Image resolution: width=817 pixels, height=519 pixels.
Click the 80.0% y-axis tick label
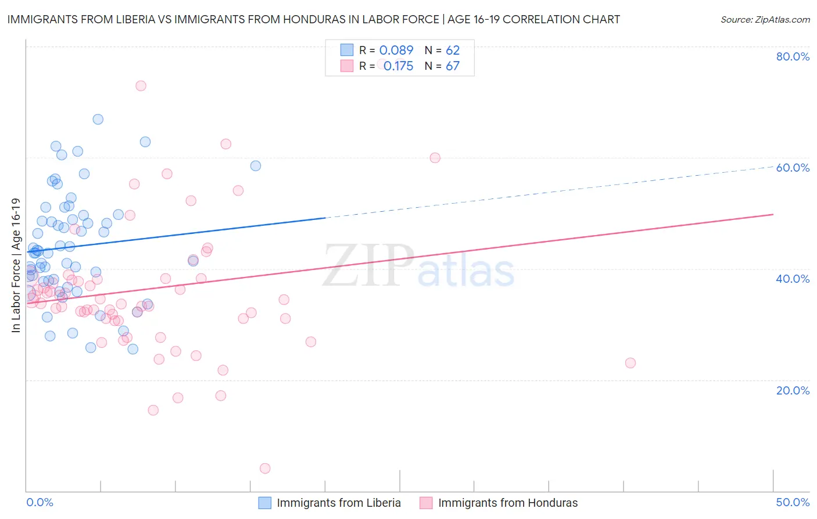coord(793,56)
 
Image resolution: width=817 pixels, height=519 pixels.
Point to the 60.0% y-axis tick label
coord(793,168)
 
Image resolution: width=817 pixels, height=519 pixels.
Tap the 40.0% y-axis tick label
coord(793,279)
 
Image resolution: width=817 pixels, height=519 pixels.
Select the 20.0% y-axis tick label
coord(793,390)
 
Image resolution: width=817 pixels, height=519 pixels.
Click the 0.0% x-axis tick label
coord(40,502)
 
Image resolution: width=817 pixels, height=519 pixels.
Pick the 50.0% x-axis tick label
coord(793,502)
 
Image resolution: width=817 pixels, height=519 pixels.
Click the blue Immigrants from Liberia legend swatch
coord(265,503)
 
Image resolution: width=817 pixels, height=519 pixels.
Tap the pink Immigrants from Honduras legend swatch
coord(427,503)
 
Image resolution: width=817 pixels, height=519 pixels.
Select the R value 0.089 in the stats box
coord(396,50)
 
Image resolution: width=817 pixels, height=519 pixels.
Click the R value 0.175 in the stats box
coord(398,66)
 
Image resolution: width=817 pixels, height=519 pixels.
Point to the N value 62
coord(453,50)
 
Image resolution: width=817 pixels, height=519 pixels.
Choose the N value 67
coord(453,66)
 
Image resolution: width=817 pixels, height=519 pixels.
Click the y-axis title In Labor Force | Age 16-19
coord(16,265)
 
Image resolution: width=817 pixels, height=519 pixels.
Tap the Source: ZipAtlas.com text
coord(765,19)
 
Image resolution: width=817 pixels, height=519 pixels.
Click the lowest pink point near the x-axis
coord(265,468)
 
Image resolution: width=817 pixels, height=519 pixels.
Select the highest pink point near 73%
coord(141,86)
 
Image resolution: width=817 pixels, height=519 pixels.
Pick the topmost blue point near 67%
coord(98,119)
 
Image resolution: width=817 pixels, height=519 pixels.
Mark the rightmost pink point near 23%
coord(630,363)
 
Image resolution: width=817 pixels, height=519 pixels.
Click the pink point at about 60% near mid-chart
coord(435,158)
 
